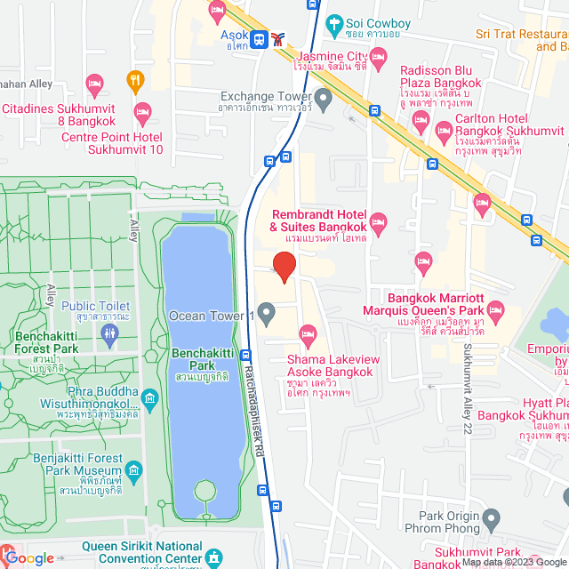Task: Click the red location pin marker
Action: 283,267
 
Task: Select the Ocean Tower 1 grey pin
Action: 266,311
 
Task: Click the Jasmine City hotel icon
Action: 378,59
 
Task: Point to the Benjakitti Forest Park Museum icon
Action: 133,469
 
